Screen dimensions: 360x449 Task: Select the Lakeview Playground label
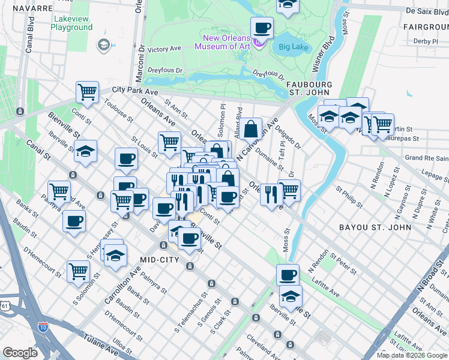point(71,23)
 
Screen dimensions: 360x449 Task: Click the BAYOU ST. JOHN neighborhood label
point(375,227)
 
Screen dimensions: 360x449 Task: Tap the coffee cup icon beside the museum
point(262,28)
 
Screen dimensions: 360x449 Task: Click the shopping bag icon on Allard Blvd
point(253,128)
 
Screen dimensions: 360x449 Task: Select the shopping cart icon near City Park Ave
point(87,92)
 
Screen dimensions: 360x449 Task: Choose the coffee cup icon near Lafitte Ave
point(288,275)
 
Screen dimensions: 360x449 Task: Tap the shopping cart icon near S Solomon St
point(78,271)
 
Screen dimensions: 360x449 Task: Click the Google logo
point(20,353)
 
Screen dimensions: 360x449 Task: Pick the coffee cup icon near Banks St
point(74,221)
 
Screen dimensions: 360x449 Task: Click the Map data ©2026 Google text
point(412,355)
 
